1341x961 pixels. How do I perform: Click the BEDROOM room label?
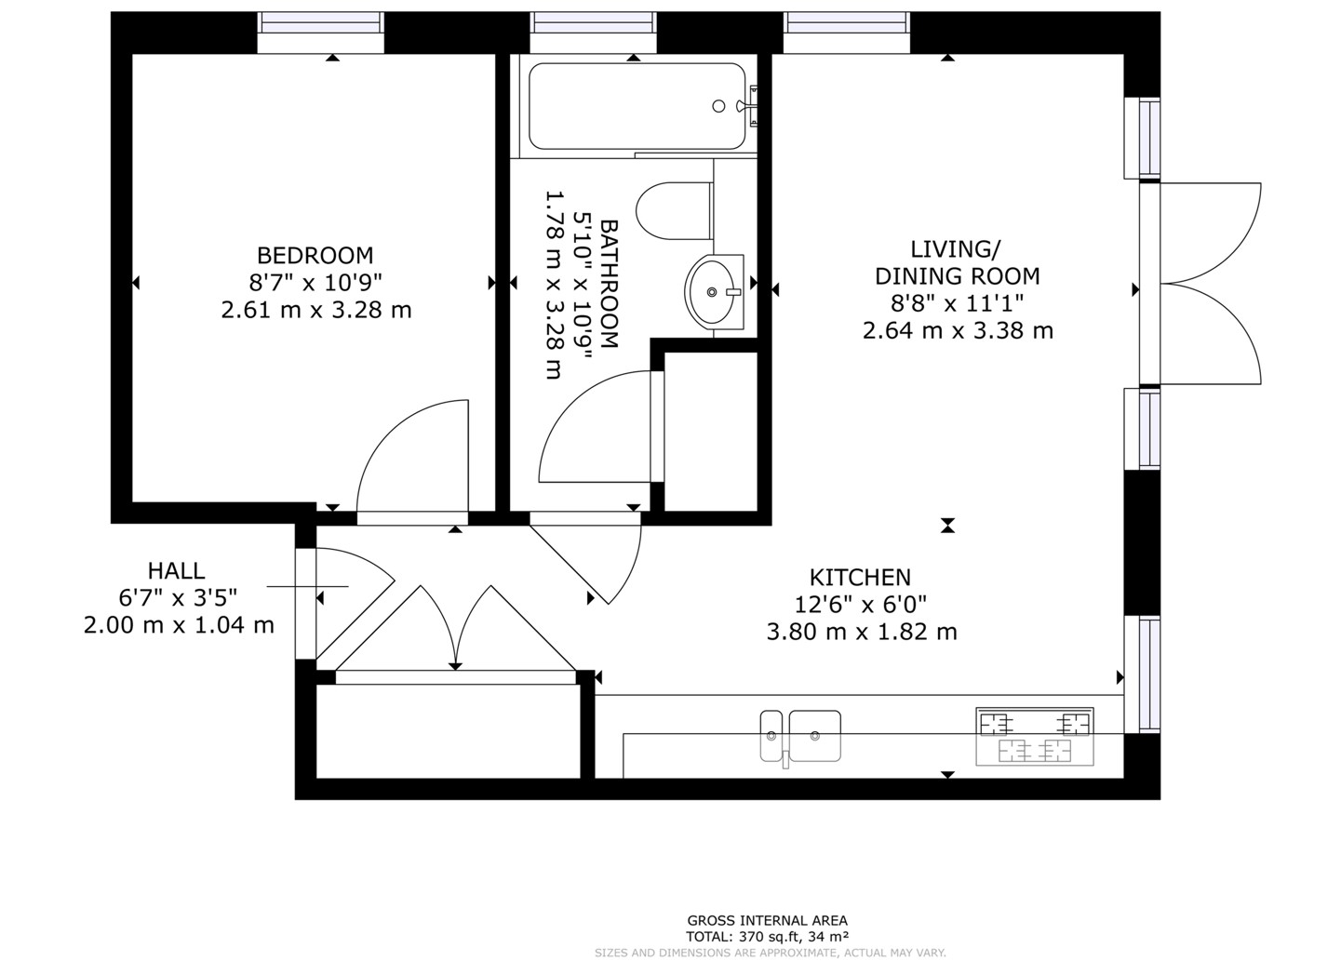(315, 256)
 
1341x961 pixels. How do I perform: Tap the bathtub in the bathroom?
(637, 106)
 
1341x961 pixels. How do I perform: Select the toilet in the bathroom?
(675, 211)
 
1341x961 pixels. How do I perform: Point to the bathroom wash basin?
(714, 291)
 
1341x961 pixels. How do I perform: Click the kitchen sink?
(800, 737)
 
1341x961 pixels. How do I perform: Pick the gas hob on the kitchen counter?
(1035, 737)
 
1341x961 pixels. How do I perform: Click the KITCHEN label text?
(860, 578)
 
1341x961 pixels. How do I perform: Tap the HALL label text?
(176, 571)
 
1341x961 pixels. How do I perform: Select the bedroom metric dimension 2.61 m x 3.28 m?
(316, 310)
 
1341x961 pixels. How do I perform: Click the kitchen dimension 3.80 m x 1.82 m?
(862, 632)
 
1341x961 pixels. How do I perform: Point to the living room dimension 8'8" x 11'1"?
(957, 303)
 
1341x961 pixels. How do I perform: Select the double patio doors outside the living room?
(1211, 283)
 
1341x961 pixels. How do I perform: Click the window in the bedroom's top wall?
(321, 33)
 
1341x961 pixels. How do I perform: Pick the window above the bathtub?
(593, 33)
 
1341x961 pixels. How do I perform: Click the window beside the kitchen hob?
(1142, 674)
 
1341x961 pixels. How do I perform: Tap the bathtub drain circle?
(718, 106)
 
